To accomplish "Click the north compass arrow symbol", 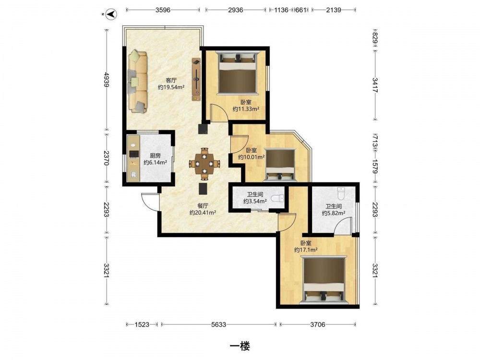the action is (110, 14).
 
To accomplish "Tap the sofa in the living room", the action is (137, 82).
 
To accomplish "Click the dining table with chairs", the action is (204, 164).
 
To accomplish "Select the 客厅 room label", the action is (171, 80).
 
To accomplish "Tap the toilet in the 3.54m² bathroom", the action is (277, 198).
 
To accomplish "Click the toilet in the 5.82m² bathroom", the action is (341, 193).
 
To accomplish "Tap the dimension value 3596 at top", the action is (163, 10).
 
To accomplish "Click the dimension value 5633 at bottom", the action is (218, 324).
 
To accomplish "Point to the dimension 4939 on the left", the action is (107, 80).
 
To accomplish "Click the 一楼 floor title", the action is (240, 346).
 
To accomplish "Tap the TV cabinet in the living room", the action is (196, 79).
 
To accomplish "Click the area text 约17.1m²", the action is (305, 250).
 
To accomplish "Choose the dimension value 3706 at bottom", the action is (317, 324).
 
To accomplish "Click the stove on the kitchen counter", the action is (134, 154).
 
